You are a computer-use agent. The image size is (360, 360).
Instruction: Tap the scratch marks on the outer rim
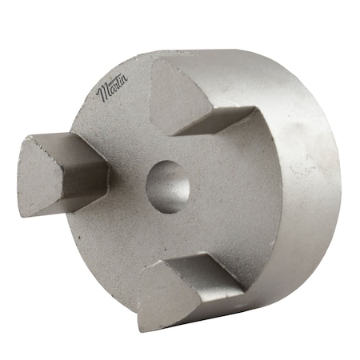pyautogui.click(x=302, y=164)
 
